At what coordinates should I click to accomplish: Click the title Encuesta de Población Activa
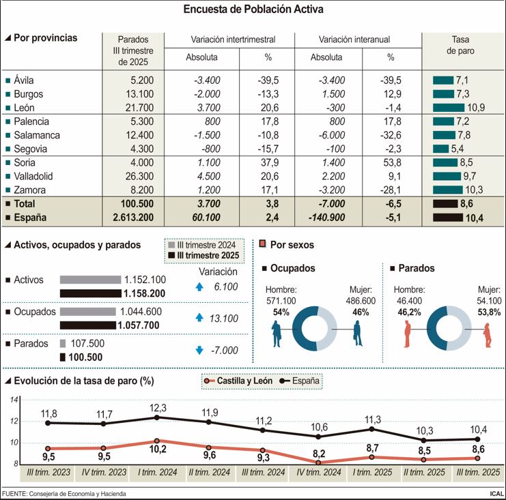pos(253,10)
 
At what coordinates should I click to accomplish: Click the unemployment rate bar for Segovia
pos(440,149)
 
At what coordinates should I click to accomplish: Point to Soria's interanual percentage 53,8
pos(391,162)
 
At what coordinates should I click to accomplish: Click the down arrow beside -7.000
pos(199,350)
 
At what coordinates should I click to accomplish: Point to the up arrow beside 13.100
pos(199,317)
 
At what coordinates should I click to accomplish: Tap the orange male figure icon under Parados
pos(408,334)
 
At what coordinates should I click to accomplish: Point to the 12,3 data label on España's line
pos(157,407)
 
